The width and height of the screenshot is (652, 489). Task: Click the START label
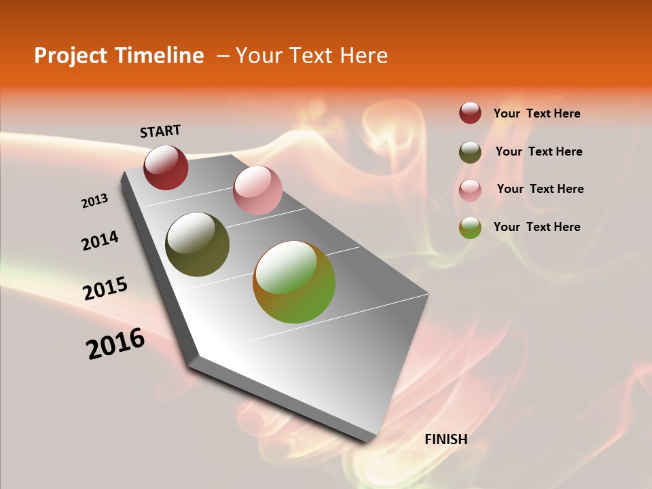click(x=160, y=131)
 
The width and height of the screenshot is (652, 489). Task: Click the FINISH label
click(x=446, y=439)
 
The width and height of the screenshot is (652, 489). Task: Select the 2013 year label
click(x=95, y=201)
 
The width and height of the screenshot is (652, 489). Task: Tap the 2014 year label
click(x=100, y=241)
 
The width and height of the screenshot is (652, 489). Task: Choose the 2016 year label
click(x=115, y=344)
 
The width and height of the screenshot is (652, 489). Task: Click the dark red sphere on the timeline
click(x=166, y=167)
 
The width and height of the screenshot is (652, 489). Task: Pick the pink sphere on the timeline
click(x=257, y=190)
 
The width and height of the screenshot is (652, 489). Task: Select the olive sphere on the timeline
click(x=197, y=244)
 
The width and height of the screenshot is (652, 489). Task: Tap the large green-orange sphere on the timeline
click(x=294, y=282)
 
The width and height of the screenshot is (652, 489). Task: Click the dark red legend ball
click(x=470, y=113)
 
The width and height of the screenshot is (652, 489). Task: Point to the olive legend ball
click(x=470, y=152)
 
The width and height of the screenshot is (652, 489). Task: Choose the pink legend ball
click(x=470, y=190)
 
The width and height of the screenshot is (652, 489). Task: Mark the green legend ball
click(x=470, y=228)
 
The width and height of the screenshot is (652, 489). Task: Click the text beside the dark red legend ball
click(x=537, y=113)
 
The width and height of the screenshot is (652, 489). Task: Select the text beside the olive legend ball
click(x=539, y=151)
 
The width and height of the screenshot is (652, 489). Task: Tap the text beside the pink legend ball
click(x=540, y=189)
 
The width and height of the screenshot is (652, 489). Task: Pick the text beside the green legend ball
click(x=537, y=227)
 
